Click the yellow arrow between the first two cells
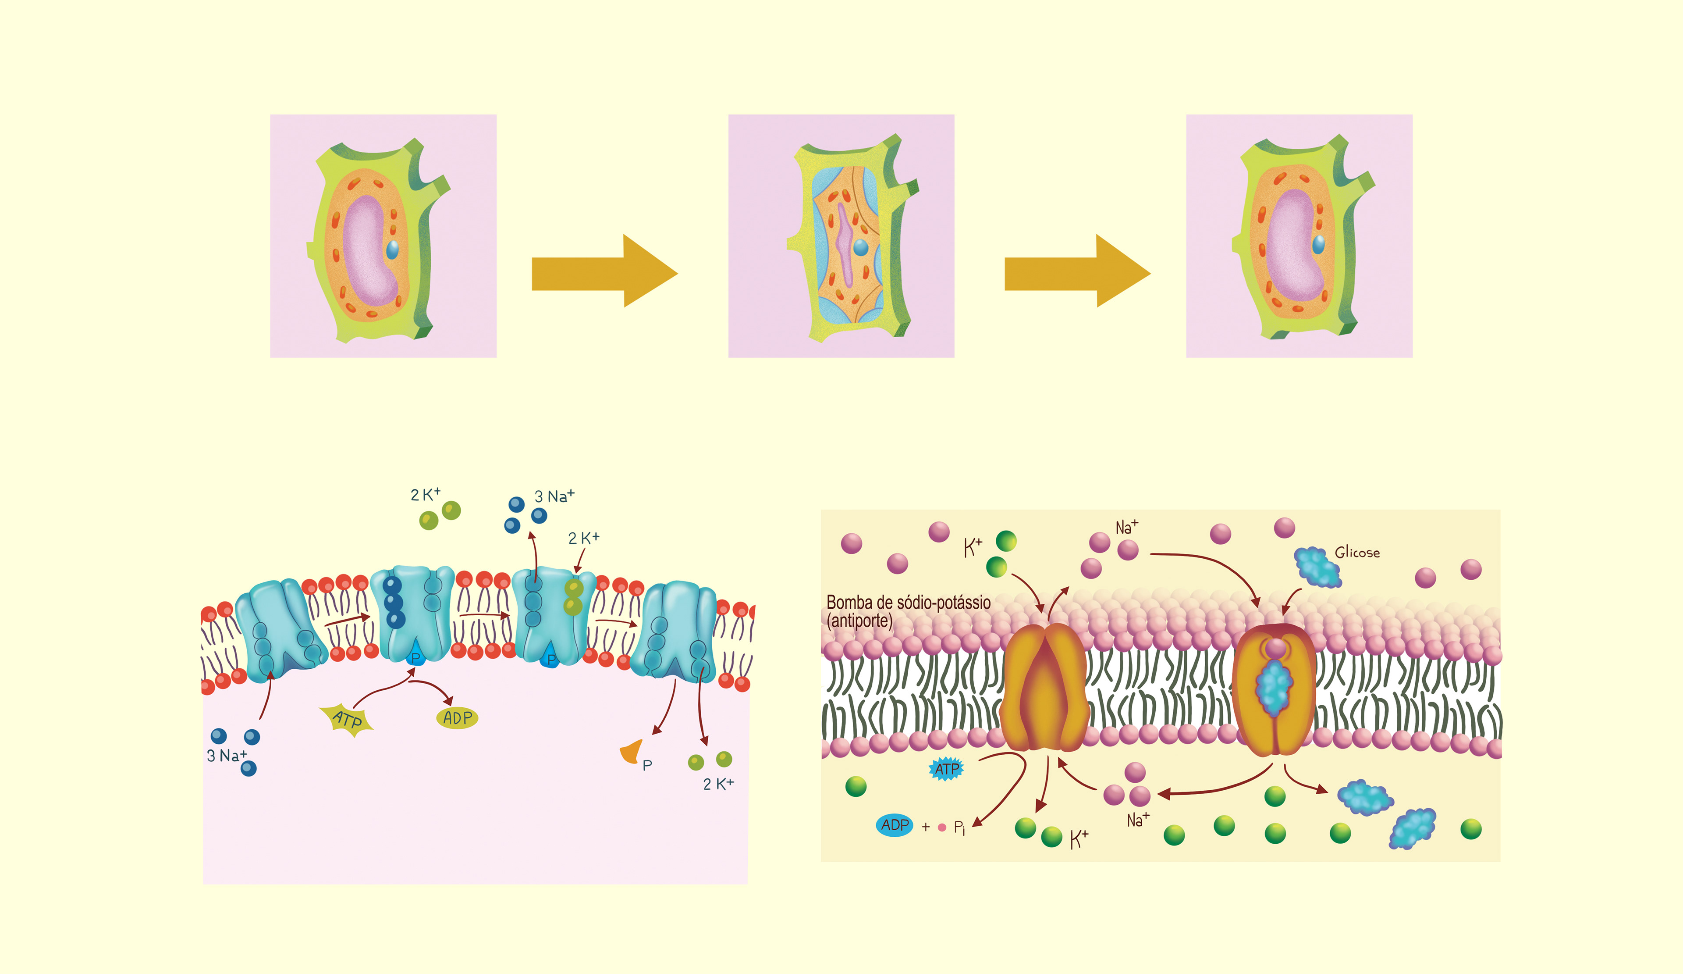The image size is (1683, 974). click(604, 271)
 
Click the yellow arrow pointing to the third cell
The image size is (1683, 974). click(1077, 271)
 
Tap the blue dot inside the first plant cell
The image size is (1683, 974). click(393, 250)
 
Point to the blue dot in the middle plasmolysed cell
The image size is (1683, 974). click(861, 248)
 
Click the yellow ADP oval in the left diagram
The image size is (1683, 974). click(458, 718)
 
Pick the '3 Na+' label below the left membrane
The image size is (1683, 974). click(227, 756)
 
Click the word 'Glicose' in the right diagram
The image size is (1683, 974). click(1357, 553)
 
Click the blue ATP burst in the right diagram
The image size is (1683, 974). click(946, 769)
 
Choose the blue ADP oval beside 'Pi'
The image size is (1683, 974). click(895, 825)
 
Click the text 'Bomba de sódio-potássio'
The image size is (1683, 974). click(908, 603)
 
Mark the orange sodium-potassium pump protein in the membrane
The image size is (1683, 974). click(1046, 688)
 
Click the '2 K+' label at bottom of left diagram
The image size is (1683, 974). click(718, 784)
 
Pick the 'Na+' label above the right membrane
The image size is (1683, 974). click(1127, 527)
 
